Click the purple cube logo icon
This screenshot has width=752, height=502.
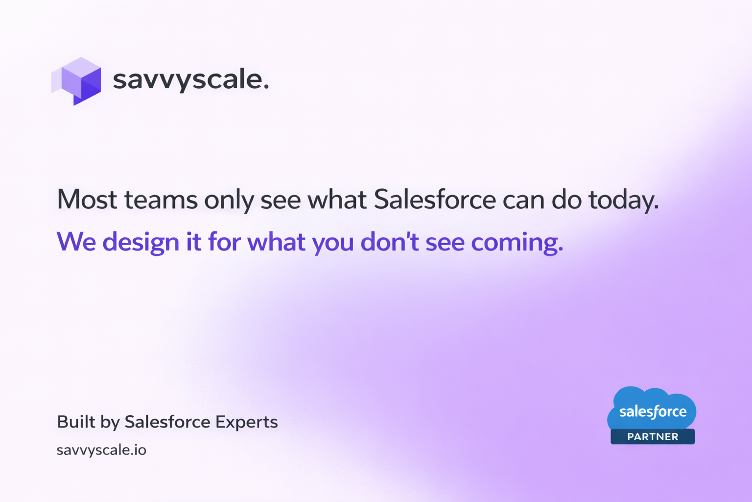pyautogui.click(x=76, y=81)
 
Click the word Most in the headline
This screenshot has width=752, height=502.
pyautogui.click(x=87, y=200)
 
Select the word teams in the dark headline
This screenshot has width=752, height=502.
pyautogui.click(x=161, y=200)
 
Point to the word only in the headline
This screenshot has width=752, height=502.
pyautogui.click(x=229, y=201)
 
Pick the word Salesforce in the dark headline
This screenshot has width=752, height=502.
pyautogui.click(x=435, y=200)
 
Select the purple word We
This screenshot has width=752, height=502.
pyautogui.click(x=76, y=241)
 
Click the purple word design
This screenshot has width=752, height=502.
pyautogui.click(x=141, y=242)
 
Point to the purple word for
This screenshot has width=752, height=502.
pyautogui.click(x=224, y=241)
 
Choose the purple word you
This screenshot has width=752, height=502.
pyautogui.click(x=333, y=244)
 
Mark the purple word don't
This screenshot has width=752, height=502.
pyautogui.click(x=390, y=241)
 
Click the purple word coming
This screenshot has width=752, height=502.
pyautogui.click(x=517, y=243)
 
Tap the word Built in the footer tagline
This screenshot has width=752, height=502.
pyautogui.click(x=76, y=422)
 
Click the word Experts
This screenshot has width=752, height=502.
pyautogui.click(x=247, y=423)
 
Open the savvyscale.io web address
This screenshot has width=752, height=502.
pyautogui.click(x=101, y=451)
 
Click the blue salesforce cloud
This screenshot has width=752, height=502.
pyautogui.click(x=652, y=408)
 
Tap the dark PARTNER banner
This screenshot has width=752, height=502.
pyautogui.click(x=653, y=436)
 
